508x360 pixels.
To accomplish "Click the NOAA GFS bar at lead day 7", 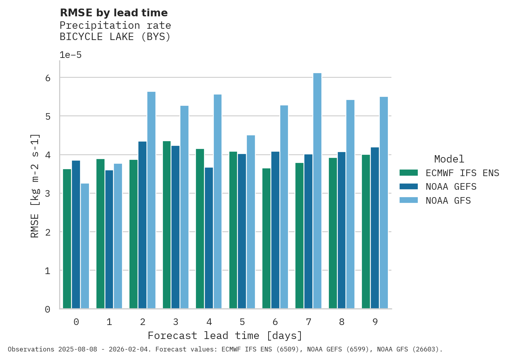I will coord(317,191).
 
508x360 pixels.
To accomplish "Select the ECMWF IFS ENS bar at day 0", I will coord(67,239).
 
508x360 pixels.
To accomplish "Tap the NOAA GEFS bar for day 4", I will coord(209,238).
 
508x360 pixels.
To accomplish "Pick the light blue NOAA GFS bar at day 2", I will coord(151,200).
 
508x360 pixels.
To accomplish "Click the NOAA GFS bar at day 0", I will coord(85,246).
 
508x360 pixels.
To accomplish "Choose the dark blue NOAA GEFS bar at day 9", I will coord(375,228).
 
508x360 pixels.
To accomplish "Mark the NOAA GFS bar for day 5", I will coord(251,222).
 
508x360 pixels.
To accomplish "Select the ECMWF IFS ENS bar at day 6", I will coord(266,238).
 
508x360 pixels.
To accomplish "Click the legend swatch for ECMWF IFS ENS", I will coord(408,173).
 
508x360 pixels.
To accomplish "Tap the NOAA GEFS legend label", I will coord(451,187).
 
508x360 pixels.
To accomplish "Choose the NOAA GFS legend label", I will coord(448,201).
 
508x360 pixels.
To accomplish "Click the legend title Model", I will coord(449,159).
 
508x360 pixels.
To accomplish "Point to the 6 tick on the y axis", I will coord(48,78).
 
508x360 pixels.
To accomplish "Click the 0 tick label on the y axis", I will coord(48,309).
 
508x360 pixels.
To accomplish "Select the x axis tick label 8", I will coord(342,322).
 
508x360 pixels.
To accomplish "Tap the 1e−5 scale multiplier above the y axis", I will coord(70,55).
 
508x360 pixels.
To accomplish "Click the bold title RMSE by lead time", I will coord(114,13).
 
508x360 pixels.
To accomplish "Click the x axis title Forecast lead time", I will coord(225,336).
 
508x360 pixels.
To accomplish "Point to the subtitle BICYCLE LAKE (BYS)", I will coord(115,37).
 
